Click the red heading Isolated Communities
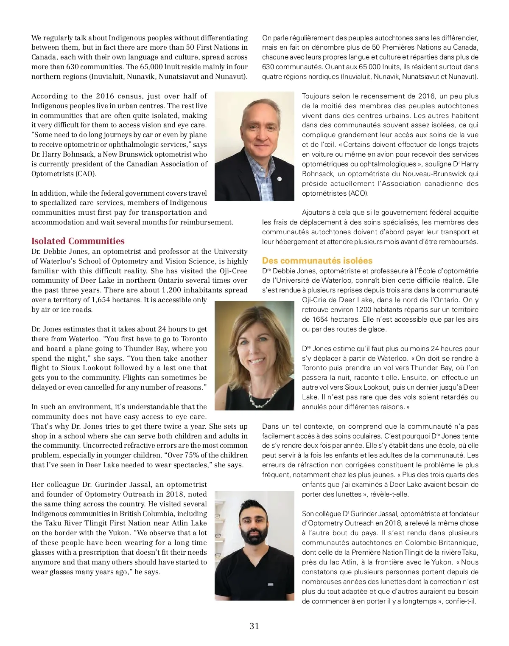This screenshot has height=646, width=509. (78, 241)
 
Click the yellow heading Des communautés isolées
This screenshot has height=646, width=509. (317, 261)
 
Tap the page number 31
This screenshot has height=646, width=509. (254, 626)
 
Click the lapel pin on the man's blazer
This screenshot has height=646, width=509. (279, 179)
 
